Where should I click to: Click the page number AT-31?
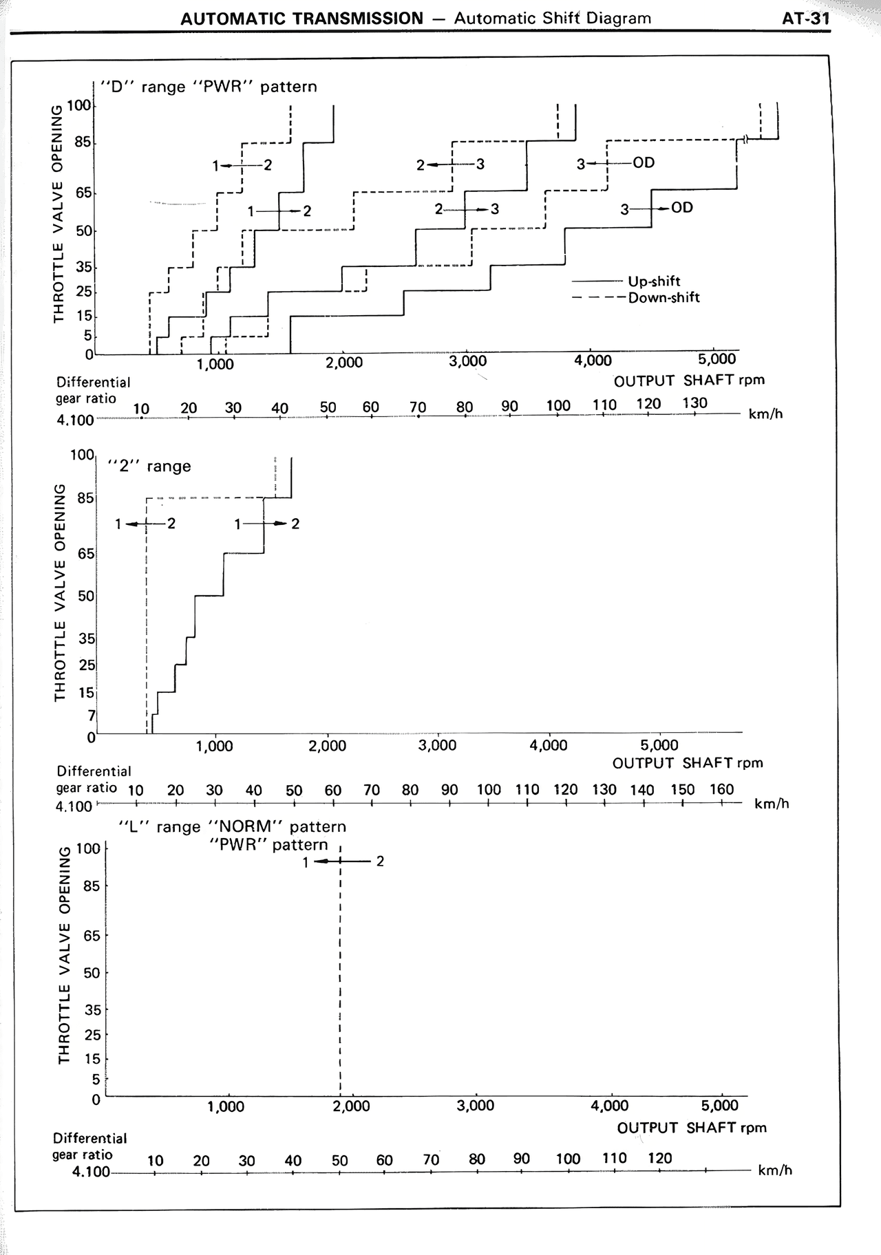pos(806,18)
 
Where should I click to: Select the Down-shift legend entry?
pos(636,297)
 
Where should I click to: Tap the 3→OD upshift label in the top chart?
pos(657,208)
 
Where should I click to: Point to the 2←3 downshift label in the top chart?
pos(450,164)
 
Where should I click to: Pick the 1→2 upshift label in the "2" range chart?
pos(266,524)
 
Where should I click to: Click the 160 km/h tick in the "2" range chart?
pos(722,789)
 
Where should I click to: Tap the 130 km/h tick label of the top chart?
pos(694,403)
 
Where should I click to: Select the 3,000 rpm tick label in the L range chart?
pos(476,1106)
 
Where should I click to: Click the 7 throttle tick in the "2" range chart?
pos(92,716)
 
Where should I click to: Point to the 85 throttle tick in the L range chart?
pos(92,886)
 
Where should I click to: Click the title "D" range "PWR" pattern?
pos(209,87)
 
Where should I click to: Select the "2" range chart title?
pos(149,466)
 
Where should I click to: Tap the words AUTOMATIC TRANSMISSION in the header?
pos(302,19)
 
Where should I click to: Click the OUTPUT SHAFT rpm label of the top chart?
pos(689,380)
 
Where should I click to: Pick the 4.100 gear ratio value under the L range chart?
pos(91,1171)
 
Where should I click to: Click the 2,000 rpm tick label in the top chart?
pos(344,363)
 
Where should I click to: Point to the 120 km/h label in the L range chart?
pos(660,1158)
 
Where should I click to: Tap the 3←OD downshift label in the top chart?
pos(615,164)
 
